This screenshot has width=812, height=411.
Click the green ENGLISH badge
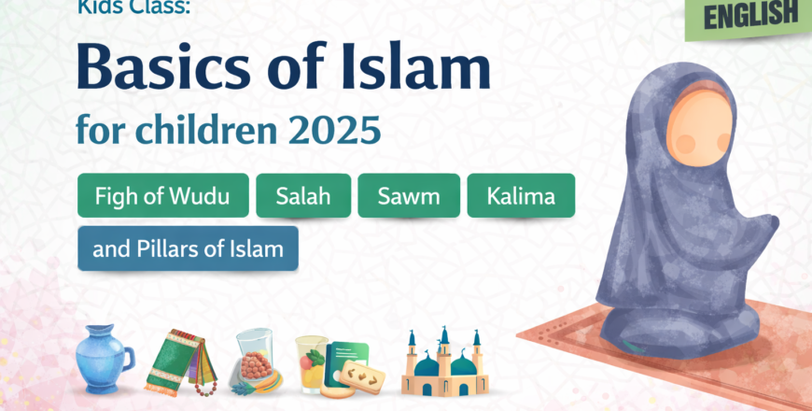point(751,17)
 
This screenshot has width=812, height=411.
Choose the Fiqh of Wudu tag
point(163,196)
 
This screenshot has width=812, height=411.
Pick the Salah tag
point(303,196)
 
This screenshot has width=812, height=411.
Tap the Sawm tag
point(409,196)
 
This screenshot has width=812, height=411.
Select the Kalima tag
point(521,196)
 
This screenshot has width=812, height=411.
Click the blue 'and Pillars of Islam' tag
point(188,248)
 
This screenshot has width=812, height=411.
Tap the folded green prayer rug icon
point(176,361)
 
